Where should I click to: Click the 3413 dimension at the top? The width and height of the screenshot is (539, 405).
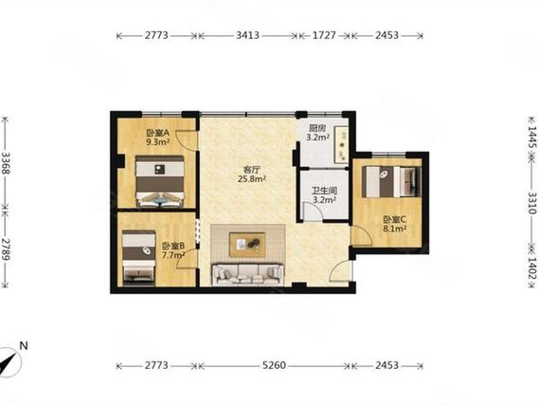point(247,35)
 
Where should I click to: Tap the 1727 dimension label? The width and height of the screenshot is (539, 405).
point(324,35)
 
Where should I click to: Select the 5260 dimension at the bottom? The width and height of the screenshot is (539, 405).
point(274,365)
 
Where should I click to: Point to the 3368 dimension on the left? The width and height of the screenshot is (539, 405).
point(6,163)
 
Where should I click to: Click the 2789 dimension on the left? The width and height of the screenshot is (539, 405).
point(6,249)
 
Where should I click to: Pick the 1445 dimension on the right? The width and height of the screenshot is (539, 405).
point(532,138)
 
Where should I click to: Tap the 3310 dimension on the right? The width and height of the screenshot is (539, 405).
point(532,203)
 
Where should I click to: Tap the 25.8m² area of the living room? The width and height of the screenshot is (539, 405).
point(252,178)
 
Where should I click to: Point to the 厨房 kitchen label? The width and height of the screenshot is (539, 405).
point(316,128)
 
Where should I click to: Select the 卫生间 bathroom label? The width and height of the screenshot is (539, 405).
point(324,191)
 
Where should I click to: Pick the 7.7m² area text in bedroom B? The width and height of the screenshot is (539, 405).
point(173,255)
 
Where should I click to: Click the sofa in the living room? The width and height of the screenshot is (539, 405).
point(248,274)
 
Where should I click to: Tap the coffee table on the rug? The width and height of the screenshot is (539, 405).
point(247,245)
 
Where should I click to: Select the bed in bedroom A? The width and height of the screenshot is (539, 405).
point(160,181)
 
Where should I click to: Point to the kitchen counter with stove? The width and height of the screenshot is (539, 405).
point(341,144)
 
